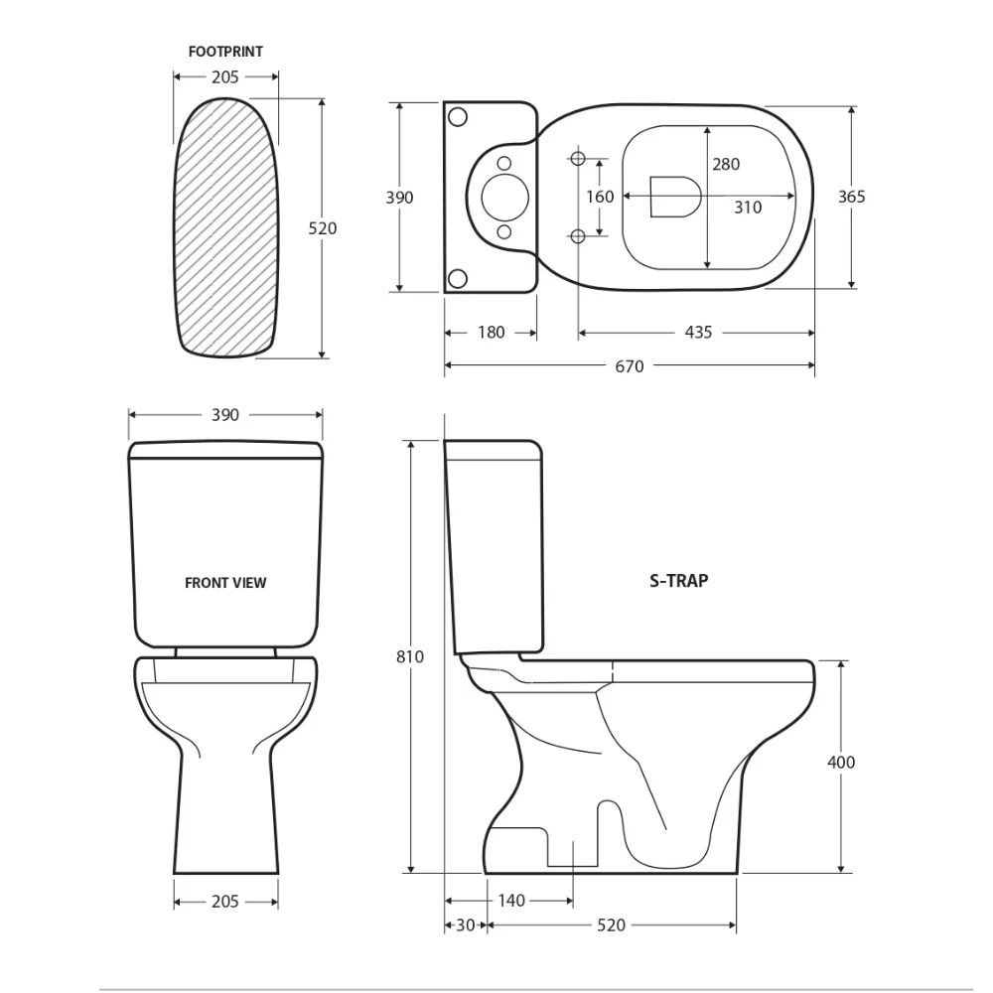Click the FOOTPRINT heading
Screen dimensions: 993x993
[x=225, y=52]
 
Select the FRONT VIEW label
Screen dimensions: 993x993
[x=225, y=583]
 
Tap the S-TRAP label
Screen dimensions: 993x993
[x=679, y=581]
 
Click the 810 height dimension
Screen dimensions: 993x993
[x=410, y=656]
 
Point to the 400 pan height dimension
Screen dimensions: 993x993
[x=841, y=762]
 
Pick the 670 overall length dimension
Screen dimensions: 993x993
[x=630, y=366]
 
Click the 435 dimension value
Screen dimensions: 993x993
[x=698, y=333]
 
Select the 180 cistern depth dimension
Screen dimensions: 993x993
[x=491, y=333]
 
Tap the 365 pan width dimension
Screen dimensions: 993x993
[x=851, y=197]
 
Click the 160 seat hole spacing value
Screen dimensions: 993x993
[x=600, y=197]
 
